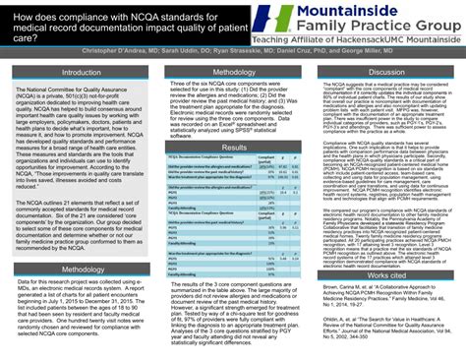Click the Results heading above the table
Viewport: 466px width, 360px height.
coord(233,147)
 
